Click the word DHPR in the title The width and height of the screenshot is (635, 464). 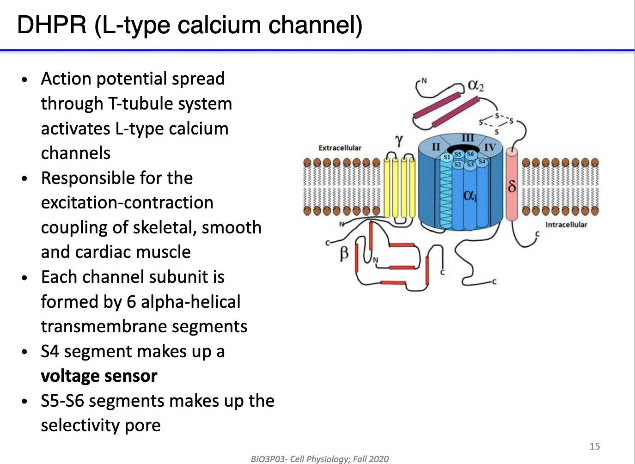point(51,25)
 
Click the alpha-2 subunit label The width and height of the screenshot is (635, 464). point(476,85)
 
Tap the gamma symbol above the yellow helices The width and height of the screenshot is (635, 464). point(399,140)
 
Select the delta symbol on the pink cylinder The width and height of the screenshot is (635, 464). point(512,186)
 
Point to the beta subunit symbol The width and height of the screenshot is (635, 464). point(344,253)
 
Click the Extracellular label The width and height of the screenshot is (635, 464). point(340,148)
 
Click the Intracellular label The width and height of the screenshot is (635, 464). point(566,225)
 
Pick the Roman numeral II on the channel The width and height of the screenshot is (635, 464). point(435,147)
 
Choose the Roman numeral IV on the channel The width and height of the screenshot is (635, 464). point(489,147)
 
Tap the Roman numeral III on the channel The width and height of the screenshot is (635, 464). point(468,138)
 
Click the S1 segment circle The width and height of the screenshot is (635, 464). point(446,157)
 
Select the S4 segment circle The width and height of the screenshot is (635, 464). point(482,161)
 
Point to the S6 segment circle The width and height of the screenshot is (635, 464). point(470,154)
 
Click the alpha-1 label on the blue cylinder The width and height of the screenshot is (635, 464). point(470,195)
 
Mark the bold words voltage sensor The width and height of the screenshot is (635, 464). point(99,376)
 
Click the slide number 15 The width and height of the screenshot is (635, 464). point(594,446)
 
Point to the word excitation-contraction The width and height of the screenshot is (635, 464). point(127,203)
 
